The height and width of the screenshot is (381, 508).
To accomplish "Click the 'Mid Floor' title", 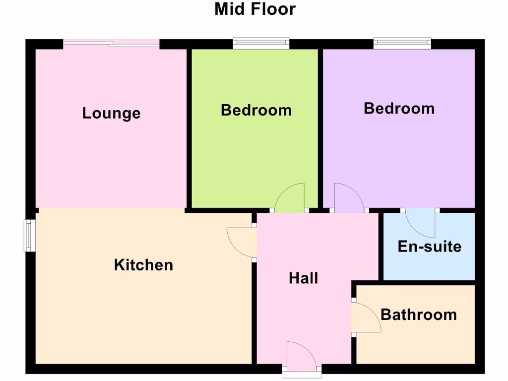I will (255, 9).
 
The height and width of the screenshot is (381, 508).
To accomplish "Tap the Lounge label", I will (111, 113).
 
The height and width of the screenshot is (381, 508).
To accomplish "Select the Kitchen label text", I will (143, 265).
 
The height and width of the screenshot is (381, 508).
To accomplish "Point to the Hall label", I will (303, 278).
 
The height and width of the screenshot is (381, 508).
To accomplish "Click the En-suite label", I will (430, 247).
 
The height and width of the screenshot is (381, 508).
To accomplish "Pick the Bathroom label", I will (419, 315).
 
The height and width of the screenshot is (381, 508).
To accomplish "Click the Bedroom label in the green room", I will (256, 110).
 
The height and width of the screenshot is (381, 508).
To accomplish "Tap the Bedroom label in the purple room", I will (399, 108).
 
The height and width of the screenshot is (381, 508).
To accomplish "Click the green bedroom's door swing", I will (291, 198).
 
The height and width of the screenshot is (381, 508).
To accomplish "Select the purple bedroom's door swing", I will (347, 198).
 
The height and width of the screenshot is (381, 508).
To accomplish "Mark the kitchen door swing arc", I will (241, 243).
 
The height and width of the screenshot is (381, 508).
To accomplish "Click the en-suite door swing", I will (422, 222).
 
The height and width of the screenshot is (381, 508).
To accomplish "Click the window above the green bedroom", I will (261, 44).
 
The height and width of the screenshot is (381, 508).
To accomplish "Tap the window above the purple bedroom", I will (402, 44).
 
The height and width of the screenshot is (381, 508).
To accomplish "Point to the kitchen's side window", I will (30, 236).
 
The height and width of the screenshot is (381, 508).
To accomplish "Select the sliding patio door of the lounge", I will (112, 44).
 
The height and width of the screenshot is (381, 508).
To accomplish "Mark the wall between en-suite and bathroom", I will (429, 282).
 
